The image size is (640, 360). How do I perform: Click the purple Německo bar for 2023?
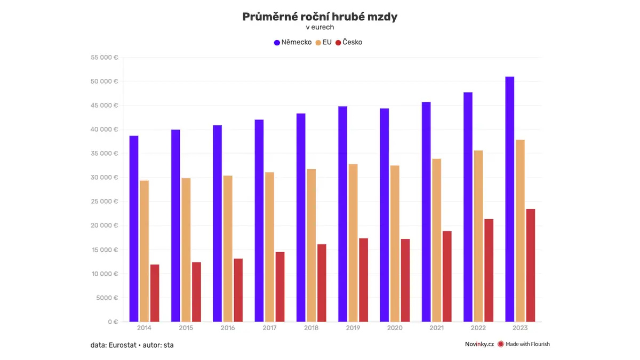509,199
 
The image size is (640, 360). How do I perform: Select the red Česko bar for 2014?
155,293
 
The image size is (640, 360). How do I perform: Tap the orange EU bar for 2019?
353,243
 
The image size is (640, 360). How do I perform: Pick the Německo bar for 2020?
385,215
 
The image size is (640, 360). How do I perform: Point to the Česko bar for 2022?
489,270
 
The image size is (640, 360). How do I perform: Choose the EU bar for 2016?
228,249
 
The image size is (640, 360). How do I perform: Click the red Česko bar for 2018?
322,283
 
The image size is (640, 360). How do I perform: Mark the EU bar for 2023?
520,230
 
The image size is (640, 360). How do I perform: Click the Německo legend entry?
293,42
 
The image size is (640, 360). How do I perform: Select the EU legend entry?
323,42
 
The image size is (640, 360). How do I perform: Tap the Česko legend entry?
349,42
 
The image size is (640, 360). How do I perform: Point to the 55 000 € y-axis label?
105,58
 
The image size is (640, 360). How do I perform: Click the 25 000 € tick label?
105,202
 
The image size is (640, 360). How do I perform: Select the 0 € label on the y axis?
113,322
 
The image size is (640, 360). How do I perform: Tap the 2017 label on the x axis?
269,328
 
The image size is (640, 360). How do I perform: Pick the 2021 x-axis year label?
437,328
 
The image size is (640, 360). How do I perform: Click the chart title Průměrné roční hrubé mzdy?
319,17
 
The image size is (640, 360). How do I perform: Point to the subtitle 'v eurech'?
319,27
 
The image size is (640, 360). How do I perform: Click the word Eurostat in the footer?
122,345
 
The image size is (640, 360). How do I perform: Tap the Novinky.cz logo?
479,344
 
